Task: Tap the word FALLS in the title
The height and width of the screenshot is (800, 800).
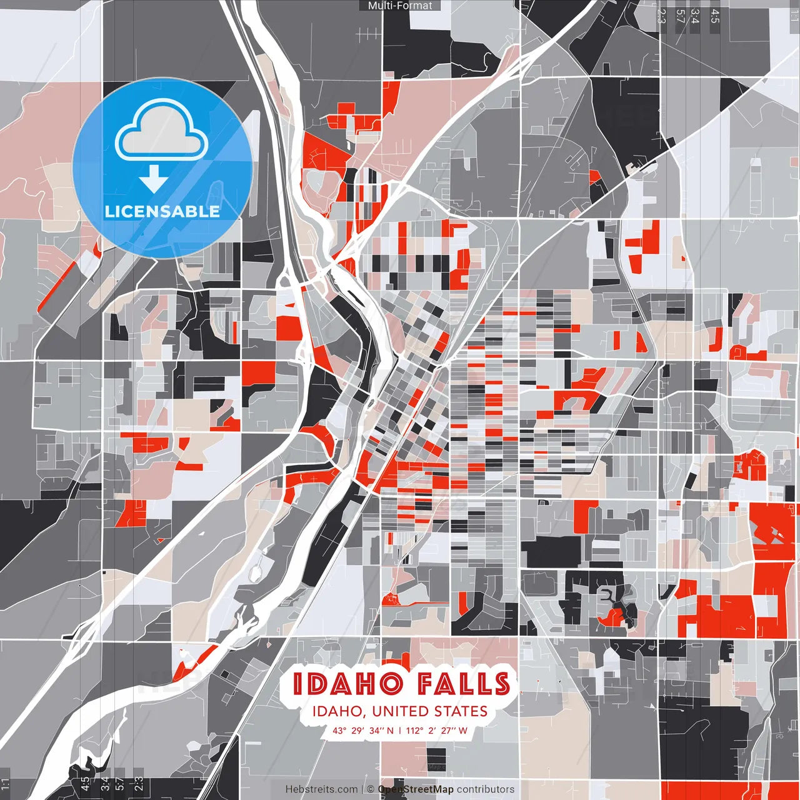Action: click(x=464, y=684)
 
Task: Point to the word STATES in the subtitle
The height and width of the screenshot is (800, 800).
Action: click(x=462, y=711)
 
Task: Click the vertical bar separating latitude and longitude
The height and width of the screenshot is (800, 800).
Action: click(x=400, y=731)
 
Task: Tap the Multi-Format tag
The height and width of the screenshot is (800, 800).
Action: click(x=400, y=6)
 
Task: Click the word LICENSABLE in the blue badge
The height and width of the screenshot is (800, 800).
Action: click(x=162, y=211)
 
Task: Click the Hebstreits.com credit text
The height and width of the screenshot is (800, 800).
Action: click(x=321, y=789)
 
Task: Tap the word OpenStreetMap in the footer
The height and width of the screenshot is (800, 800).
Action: click(x=416, y=789)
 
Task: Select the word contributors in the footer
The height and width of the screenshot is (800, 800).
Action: click(x=486, y=789)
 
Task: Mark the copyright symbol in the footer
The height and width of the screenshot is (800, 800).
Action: click(x=371, y=789)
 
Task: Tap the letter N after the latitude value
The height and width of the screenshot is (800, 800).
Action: click(x=390, y=731)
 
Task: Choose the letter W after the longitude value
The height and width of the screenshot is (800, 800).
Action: click(x=463, y=731)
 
